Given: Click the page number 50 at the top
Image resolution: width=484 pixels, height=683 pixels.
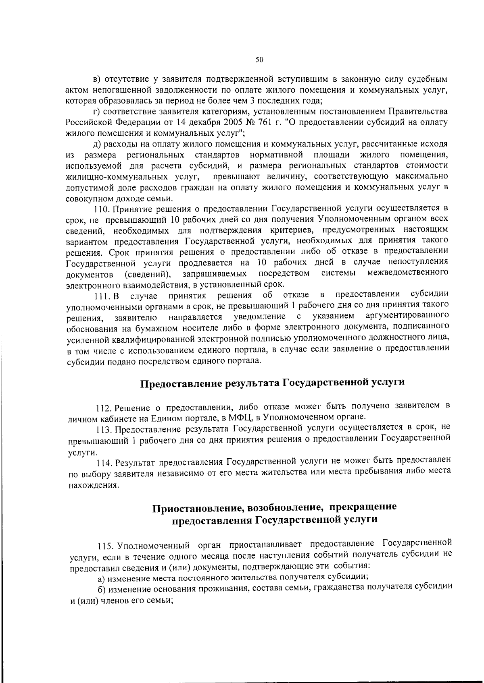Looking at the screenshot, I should click(x=259, y=60).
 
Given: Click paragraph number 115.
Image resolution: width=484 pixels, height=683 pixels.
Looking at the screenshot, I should click(x=104, y=547).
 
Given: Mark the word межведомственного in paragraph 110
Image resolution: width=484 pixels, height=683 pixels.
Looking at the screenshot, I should click(x=408, y=273).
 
